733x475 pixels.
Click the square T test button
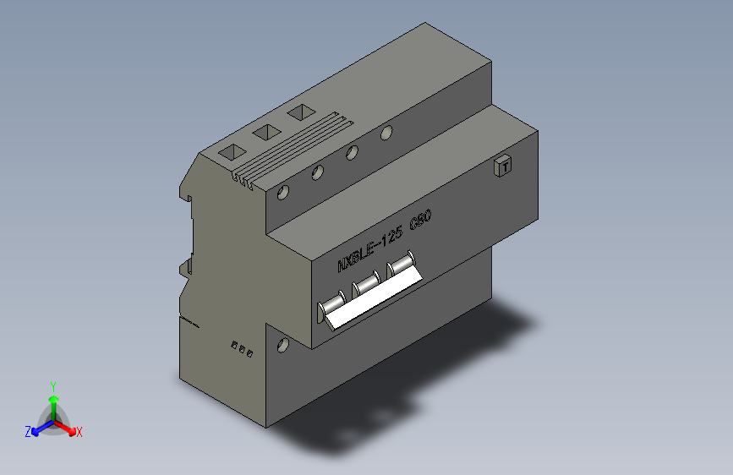click(x=503, y=167)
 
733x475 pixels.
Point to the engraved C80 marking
click(x=421, y=222)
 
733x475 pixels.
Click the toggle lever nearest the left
click(x=333, y=304)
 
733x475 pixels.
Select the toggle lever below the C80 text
click(x=402, y=265)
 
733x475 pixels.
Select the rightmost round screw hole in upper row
click(x=386, y=133)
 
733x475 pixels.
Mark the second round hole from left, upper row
click(x=318, y=172)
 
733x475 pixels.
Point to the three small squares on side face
click(x=243, y=348)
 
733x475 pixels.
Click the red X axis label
click(x=79, y=433)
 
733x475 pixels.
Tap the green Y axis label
click(x=52, y=385)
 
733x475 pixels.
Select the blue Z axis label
click(x=28, y=432)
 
